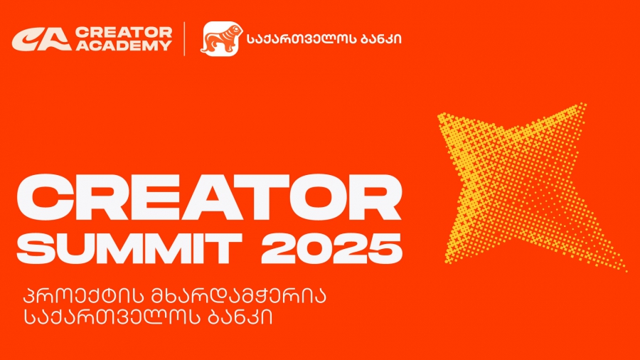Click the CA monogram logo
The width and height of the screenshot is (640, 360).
coord(41,39)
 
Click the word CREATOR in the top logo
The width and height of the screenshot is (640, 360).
coord(123,32)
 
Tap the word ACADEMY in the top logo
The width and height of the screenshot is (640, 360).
coord(123,46)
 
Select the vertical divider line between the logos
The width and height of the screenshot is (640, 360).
coord(185,38)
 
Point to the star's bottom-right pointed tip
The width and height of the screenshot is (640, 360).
coord(625,270)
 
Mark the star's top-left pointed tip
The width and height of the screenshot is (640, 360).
coord(440,115)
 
